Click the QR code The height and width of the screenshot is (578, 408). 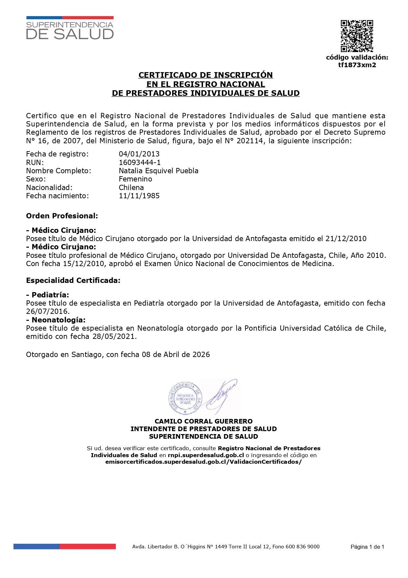357,36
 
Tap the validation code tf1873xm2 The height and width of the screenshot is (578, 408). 357,65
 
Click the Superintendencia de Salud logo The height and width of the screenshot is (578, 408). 70,28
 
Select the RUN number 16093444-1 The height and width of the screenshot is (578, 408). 140,162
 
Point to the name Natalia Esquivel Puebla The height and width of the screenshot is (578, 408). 159,171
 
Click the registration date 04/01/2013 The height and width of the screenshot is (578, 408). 139,154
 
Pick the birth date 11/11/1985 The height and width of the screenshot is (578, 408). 139,196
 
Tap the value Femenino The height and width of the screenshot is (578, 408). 135,179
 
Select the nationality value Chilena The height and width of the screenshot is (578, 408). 131,187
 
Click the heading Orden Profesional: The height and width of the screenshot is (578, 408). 62,216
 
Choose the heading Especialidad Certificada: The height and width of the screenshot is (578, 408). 73,281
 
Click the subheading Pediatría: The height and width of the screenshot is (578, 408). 50,295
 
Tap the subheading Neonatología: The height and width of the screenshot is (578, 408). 58,320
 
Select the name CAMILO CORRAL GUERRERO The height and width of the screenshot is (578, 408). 204,421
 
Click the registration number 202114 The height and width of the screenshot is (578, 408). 252,141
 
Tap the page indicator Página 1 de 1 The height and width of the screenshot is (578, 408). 367,547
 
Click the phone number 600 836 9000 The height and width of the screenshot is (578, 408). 302,546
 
